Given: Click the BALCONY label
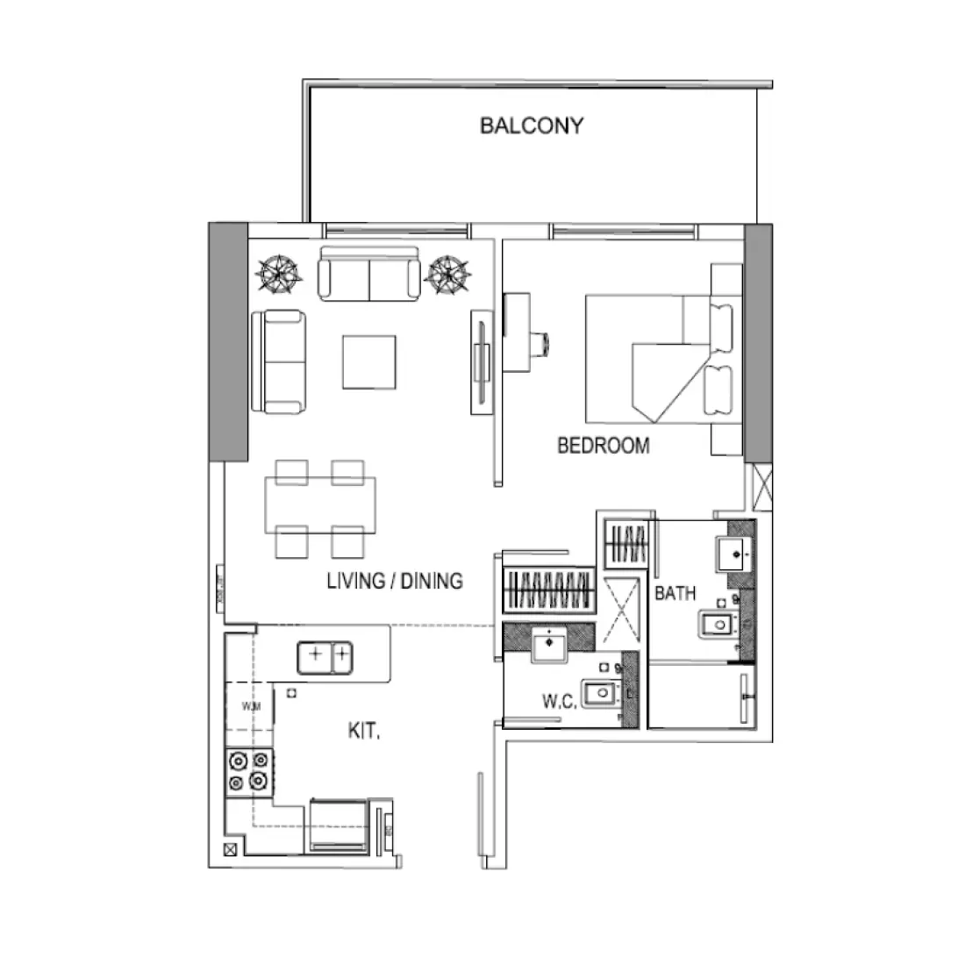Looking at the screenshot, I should click(x=531, y=125).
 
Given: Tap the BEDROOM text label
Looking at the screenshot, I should click(x=604, y=446).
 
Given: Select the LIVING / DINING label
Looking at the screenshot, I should click(x=394, y=581).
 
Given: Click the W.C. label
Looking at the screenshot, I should click(x=559, y=703).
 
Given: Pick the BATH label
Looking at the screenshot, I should click(x=675, y=594).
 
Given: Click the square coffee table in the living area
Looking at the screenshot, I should click(x=368, y=361).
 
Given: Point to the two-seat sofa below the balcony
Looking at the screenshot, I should click(x=368, y=274).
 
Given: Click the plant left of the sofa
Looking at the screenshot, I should click(x=277, y=275).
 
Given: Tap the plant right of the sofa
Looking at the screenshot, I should click(x=447, y=275).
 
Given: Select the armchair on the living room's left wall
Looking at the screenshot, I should click(x=280, y=361).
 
